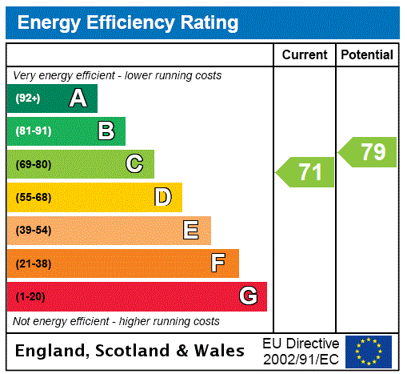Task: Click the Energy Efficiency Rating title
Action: [x=128, y=22]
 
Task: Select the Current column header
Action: [x=305, y=55]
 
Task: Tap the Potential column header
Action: [x=367, y=55]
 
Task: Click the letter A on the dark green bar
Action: [x=78, y=99]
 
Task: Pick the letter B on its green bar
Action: [x=106, y=131]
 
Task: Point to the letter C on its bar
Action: [x=134, y=164]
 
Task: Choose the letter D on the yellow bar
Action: [x=162, y=197]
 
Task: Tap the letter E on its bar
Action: [x=191, y=231]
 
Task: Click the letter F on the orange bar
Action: [x=218, y=263]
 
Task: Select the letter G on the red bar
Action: [x=248, y=296]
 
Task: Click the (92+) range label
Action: [x=28, y=99]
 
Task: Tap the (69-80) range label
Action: [x=33, y=165]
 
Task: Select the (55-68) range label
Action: [x=33, y=198]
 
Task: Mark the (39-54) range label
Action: [x=33, y=231]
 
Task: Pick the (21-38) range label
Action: [x=33, y=263]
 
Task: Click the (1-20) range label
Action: [x=30, y=297]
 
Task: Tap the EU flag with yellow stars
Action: [x=369, y=352]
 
